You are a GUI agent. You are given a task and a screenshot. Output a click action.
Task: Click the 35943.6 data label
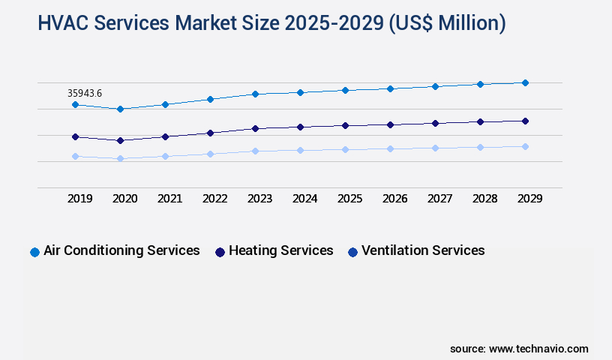(x=85, y=93)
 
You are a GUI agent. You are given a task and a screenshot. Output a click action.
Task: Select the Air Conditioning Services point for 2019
(x=75, y=104)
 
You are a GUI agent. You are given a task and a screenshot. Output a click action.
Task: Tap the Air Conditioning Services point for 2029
(x=525, y=82)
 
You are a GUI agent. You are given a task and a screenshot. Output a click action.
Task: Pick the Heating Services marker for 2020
(x=120, y=140)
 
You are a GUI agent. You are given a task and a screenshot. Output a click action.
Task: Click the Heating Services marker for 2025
(x=345, y=125)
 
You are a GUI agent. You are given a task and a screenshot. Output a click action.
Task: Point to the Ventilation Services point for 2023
(x=255, y=151)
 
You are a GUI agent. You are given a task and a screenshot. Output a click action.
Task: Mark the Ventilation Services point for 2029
(x=525, y=146)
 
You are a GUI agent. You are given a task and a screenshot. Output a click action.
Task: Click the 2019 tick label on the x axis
(x=80, y=199)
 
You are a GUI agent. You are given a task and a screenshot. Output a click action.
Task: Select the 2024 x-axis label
(x=305, y=199)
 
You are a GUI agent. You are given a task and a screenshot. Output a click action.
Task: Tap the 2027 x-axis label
(x=440, y=199)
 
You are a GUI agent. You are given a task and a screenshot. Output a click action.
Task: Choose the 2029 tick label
(x=530, y=199)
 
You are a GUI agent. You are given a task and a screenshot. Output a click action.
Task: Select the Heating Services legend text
(x=280, y=250)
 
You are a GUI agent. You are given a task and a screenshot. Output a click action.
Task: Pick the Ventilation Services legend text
(x=423, y=250)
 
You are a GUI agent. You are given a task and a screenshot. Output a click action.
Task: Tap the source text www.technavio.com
(x=538, y=349)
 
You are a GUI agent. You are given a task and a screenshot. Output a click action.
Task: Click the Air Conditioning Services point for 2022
(x=210, y=99)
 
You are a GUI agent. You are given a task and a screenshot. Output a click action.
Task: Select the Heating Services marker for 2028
(x=480, y=121)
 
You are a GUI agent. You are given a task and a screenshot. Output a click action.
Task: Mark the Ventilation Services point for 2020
(x=120, y=158)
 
